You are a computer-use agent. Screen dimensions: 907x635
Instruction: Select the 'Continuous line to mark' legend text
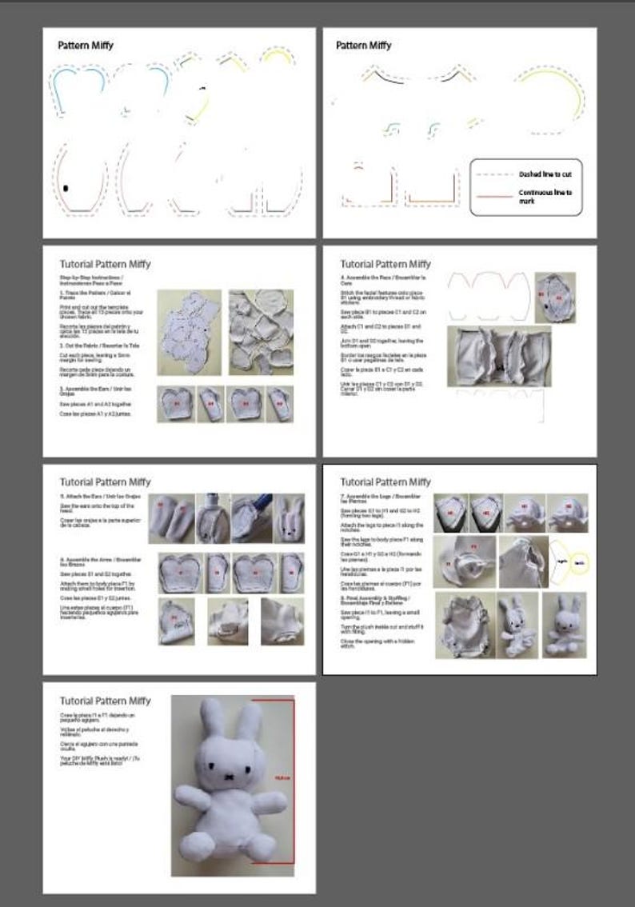545,196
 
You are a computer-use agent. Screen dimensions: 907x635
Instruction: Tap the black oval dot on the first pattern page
66,187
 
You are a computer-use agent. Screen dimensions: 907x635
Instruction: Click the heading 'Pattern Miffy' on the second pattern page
363,46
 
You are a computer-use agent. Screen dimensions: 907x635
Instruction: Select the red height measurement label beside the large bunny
281,777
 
